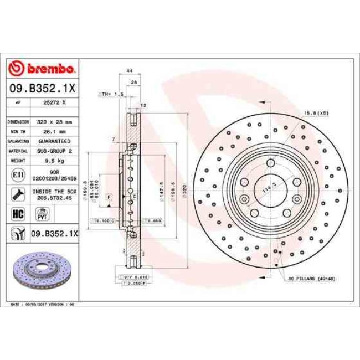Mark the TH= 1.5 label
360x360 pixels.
[111, 95]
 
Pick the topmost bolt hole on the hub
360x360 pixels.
[270, 163]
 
